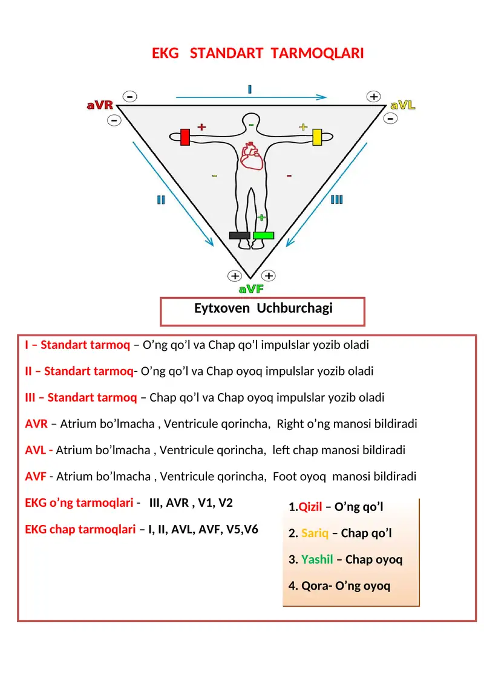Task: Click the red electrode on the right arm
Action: click(x=185, y=137)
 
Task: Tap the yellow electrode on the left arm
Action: click(x=316, y=137)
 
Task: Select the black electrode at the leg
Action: click(x=239, y=235)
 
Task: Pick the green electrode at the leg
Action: click(x=263, y=235)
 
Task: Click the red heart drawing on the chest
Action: click(x=250, y=156)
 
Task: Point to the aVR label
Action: click(x=100, y=105)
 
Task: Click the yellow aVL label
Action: click(x=403, y=105)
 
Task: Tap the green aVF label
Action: click(x=251, y=290)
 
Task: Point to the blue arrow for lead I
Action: click(x=251, y=97)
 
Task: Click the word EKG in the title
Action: click(x=165, y=53)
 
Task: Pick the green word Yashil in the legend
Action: click(x=317, y=559)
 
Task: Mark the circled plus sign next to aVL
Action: click(x=374, y=96)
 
